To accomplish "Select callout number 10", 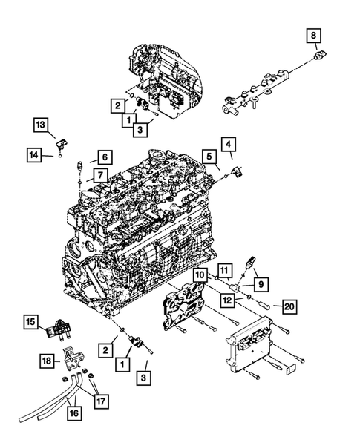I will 200,275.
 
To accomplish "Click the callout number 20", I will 288,305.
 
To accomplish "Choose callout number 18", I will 47,360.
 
